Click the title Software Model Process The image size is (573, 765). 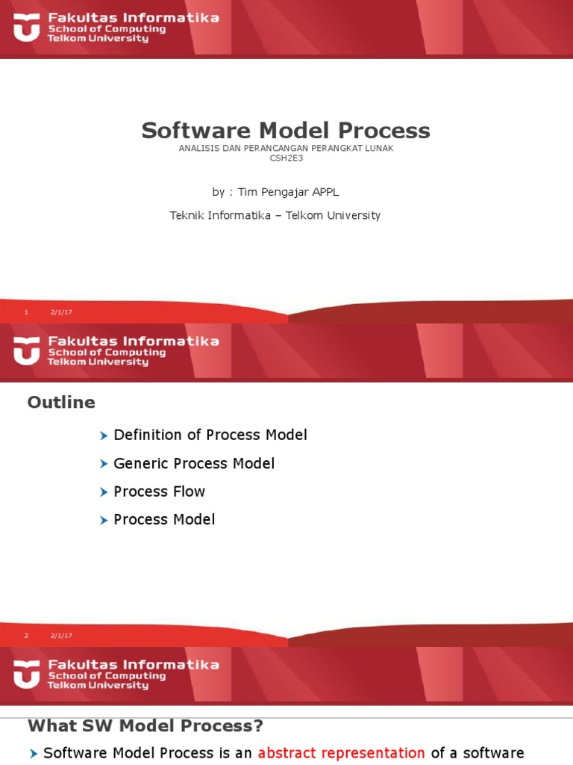286,131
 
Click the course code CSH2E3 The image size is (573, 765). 286,158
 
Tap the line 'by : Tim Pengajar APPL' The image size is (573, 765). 275,192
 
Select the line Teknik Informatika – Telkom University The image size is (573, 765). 275,215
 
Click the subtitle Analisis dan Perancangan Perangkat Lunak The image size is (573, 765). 286,148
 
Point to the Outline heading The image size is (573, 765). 61,403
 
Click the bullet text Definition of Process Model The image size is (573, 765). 210,435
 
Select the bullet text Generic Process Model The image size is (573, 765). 194,463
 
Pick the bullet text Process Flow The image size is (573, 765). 159,492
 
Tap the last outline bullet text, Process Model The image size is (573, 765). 164,519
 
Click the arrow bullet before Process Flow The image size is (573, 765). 104,492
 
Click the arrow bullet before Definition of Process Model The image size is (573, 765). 104,436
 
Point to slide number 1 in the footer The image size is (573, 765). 26,312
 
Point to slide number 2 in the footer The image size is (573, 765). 26,636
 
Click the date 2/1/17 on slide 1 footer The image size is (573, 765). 61,312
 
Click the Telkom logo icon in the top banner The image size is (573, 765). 27,28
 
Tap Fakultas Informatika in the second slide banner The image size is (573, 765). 134,341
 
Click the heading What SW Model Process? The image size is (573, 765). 145,726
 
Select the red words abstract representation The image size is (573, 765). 341,753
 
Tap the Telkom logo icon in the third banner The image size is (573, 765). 27,675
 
